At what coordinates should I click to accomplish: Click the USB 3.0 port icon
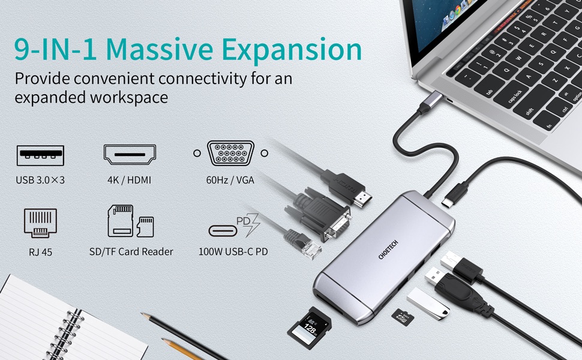[x=40, y=155]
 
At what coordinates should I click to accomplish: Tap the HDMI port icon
[x=130, y=154]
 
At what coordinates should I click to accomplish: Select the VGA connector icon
[x=230, y=153]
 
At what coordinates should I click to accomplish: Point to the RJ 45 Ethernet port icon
[x=40, y=223]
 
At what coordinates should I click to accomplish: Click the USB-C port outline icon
[x=223, y=231]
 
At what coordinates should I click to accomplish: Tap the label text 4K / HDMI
[x=129, y=180]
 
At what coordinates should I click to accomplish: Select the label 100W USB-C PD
[x=233, y=251]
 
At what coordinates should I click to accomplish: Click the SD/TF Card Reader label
[x=131, y=251]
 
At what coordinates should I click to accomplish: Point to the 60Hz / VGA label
[x=230, y=180]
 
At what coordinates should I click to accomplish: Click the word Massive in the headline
[x=160, y=49]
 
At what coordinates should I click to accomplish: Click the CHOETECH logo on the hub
[x=388, y=250]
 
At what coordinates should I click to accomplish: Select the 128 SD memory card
[x=310, y=328]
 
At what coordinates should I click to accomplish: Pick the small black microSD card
[x=403, y=317]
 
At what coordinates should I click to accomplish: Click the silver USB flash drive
[x=428, y=303]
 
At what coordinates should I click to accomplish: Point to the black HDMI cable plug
[x=347, y=188]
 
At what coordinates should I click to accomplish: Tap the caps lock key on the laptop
[x=515, y=97]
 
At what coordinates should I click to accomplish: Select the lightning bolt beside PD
[x=253, y=224]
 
